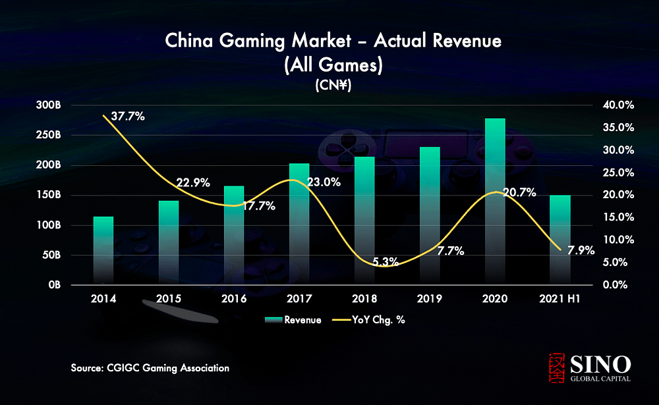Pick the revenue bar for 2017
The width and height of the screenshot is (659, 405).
299,224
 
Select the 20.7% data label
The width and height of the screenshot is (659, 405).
519,193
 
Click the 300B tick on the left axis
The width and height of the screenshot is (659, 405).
49,105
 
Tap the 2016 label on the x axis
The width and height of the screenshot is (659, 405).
234,299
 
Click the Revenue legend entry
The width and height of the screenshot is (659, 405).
293,320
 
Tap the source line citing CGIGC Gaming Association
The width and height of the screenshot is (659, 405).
150,368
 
